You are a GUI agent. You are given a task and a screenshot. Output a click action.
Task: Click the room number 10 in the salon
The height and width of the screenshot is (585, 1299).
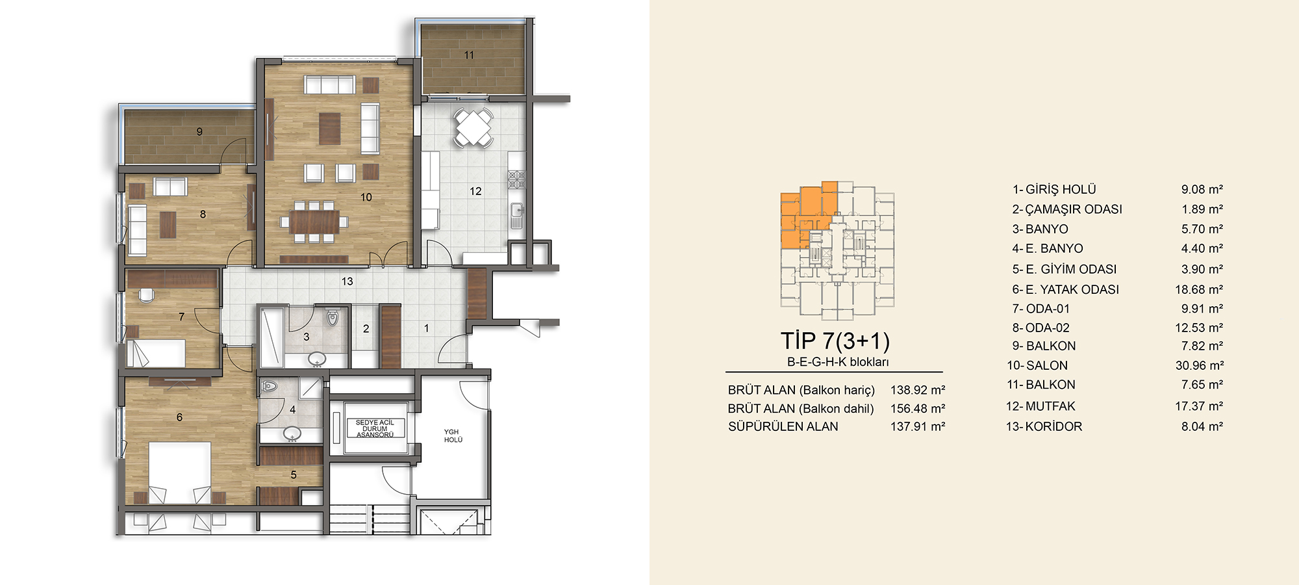(366, 197)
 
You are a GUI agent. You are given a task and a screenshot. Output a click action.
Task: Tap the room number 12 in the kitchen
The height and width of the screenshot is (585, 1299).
(475, 191)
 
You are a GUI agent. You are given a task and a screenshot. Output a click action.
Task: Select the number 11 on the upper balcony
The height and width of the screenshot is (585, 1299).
(469, 55)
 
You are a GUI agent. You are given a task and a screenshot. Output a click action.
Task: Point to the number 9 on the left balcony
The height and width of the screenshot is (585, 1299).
(199, 131)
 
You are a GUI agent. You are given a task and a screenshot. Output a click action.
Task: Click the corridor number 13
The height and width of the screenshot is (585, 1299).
(347, 281)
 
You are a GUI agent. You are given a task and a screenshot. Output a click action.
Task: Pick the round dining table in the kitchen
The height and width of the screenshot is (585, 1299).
(473, 127)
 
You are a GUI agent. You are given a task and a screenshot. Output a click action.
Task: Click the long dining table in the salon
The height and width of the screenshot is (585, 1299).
(314, 222)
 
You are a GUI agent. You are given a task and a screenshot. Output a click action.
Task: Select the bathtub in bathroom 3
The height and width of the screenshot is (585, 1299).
(271, 338)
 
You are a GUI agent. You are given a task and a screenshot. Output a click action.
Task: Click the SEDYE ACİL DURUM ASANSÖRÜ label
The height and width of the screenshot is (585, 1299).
(375, 428)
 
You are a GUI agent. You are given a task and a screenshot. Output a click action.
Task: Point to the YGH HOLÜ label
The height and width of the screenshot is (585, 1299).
(453, 436)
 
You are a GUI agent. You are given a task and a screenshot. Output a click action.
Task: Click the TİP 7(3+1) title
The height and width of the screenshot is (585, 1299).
(835, 341)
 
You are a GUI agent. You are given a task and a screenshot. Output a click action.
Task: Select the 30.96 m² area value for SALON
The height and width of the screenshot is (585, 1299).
(1200, 365)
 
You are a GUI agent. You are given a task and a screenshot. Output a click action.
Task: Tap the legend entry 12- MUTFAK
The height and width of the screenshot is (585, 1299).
(1040, 406)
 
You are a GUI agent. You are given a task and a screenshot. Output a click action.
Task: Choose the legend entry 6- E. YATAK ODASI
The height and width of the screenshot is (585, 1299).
(1065, 289)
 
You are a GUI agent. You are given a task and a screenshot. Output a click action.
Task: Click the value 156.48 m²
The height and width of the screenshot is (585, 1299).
(918, 408)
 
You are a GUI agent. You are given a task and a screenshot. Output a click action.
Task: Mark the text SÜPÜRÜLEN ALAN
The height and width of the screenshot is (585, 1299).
(783, 426)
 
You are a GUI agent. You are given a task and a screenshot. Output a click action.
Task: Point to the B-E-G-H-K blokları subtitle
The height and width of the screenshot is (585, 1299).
(838, 362)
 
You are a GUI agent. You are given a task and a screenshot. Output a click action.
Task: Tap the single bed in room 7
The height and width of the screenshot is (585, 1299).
(156, 353)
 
